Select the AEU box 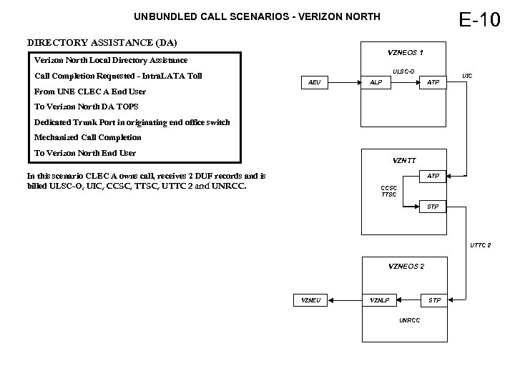[314, 83]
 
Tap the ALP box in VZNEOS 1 [376, 83]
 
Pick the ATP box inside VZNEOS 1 [433, 83]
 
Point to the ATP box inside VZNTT [433, 175]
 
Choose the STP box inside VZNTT [433, 207]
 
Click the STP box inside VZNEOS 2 [434, 300]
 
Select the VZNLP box [380, 300]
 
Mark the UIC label [467, 75]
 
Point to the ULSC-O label [403, 70]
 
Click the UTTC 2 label [480, 245]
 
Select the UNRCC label [409, 320]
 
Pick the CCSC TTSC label [388, 192]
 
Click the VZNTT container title [405, 160]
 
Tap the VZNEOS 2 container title [406, 266]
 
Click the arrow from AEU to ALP [343, 83]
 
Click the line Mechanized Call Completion [88, 137]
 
